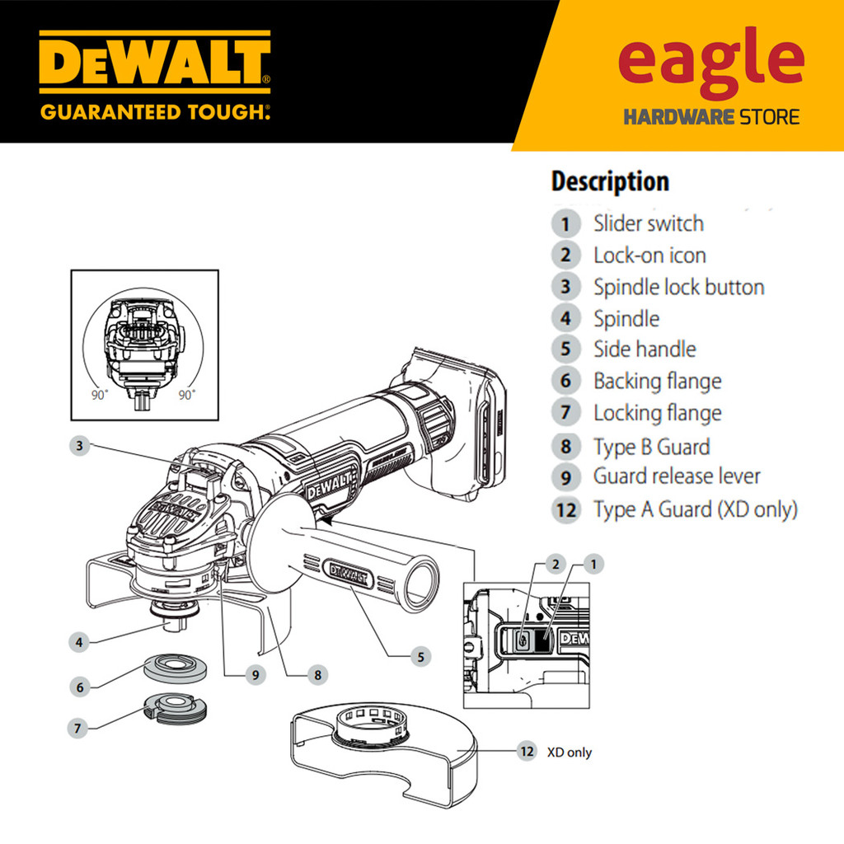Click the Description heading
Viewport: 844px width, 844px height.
tap(610, 181)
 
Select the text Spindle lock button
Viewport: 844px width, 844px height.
tap(678, 287)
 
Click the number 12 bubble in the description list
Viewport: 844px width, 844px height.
tap(565, 509)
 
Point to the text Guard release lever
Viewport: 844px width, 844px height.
tap(677, 476)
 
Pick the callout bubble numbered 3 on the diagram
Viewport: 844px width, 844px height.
tap(79, 446)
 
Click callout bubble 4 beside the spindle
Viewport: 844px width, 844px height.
tap(79, 640)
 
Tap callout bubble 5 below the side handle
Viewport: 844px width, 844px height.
tap(420, 657)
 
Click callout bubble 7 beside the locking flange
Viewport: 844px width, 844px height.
tap(79, 729)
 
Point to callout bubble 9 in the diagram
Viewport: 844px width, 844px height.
tap(256, 674)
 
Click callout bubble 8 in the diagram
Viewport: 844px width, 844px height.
tap(316, 674)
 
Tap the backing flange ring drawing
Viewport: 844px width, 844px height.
tap(175, 665)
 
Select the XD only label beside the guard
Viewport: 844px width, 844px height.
tap(570, 753)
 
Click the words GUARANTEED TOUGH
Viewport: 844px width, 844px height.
tap(154, 110)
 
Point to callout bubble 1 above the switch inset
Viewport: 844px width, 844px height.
tap(593, 564)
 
